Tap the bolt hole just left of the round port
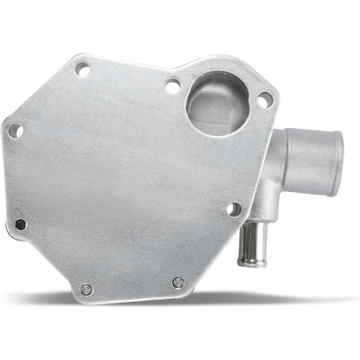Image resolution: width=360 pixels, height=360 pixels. (x=172, y=87)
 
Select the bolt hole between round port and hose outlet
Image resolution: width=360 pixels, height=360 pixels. (x=264, y=100)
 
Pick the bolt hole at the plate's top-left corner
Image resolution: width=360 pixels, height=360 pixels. (x=82, y=70)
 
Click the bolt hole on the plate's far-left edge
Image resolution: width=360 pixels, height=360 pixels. (x=15, y=131)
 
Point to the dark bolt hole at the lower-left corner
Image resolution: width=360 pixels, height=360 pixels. (x=21, y=224)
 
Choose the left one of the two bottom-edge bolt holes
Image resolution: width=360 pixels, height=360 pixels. (x=86, y=289)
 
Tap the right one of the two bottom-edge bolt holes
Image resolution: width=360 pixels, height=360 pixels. (x=177, y=283)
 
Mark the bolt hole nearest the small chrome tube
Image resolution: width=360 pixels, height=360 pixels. (x=233, y=209)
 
